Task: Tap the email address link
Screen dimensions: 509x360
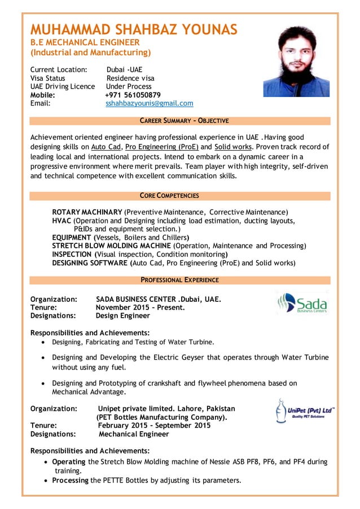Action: pos(149,103)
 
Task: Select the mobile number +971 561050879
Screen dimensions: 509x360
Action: pos(133,95)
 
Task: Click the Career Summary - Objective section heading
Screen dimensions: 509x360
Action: pos(184,121)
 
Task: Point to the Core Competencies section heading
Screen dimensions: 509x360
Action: pos(169,196)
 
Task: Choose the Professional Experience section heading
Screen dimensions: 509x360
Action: pos(180,280)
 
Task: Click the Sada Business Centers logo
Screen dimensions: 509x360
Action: pos(302,303)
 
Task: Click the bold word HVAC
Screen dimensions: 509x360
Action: pos(62,221)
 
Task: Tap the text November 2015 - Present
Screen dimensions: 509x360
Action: pos(140,308)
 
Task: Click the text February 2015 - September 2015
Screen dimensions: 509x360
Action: pos(154,425)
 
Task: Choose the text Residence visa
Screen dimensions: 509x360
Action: pos(130,78)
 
